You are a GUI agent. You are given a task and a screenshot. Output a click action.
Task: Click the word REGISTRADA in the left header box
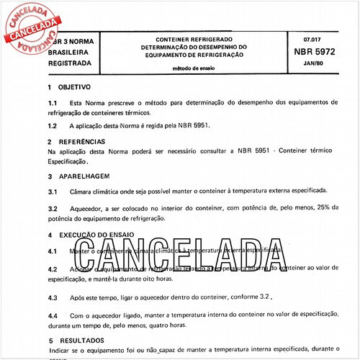(70, 63)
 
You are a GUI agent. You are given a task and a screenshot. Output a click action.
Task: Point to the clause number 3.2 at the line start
(53, 209)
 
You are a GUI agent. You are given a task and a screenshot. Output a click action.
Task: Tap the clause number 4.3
(53, 297)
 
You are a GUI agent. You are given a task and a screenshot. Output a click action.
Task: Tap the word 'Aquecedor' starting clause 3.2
(91, 209)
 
